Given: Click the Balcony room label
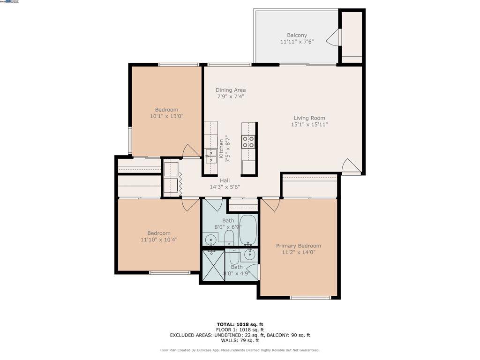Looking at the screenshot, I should [297, 35].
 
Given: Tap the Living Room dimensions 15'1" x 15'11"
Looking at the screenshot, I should [309, 125].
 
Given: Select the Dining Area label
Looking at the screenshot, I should [231, 90].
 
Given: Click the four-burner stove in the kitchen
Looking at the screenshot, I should [248, 142].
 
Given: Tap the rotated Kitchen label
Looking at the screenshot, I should [221, 149].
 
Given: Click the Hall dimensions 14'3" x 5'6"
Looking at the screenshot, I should [225, 187].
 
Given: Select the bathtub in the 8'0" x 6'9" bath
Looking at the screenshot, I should [247, 230].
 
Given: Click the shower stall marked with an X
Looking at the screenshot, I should [213, 265].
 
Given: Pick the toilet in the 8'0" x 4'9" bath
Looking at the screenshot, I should [233, 257].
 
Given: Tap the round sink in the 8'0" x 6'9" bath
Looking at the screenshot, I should [211, 241].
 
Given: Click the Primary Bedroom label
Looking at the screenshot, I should [298, 246].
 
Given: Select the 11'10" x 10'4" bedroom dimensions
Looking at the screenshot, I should [159, 240].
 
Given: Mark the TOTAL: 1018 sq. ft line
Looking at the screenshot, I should [240, 324].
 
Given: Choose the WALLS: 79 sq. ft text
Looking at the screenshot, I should [240, 341].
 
